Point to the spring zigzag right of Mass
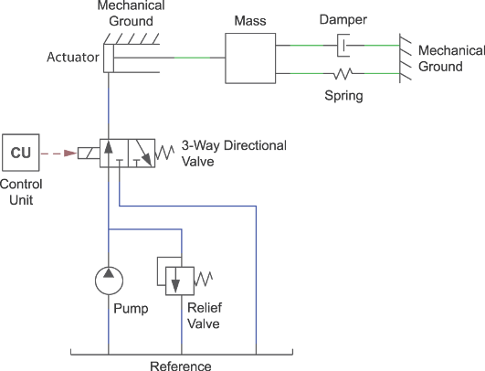click(343, 73)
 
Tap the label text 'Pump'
click(130, 309)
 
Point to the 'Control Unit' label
click(18, 194)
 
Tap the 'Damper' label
click(343, 19)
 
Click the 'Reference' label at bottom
click(180, 365)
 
